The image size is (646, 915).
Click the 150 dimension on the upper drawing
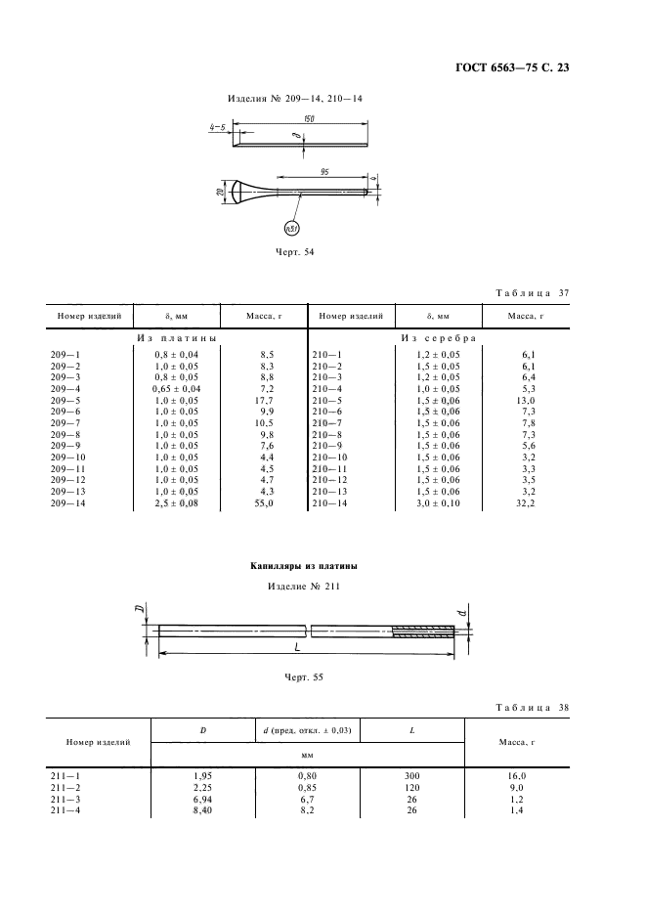(309, 118)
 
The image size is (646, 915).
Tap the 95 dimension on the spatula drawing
(323, 172)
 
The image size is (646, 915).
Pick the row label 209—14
(67, 502)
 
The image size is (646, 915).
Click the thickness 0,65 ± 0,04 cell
(177, 389)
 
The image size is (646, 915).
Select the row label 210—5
(328, 401)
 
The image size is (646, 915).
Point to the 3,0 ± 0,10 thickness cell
(437, 502)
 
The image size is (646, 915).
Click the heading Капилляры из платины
(303, 567)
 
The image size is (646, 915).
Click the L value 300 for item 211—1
(410, 774)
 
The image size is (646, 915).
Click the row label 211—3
(65, 799)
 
